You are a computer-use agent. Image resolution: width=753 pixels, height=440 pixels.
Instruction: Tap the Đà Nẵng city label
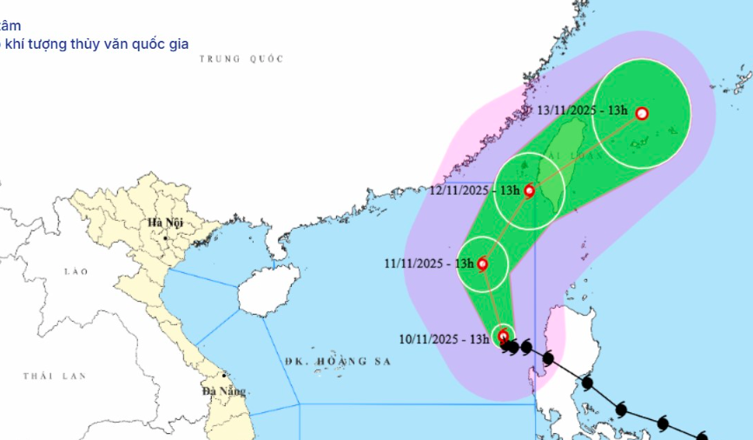(221, 390)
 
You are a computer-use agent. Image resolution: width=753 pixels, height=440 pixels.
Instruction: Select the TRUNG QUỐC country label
(241, 58)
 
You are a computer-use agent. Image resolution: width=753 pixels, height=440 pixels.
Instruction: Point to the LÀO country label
(76, 271)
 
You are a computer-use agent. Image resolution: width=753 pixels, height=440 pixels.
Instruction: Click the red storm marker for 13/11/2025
(642, 113)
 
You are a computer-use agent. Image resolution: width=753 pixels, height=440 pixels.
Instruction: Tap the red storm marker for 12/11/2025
(530, 190)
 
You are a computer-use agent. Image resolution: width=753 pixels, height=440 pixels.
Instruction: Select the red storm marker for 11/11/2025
(482, 263)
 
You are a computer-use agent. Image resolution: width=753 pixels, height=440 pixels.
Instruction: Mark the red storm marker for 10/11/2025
(503, 336)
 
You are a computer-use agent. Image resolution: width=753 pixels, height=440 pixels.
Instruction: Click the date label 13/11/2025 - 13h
(582, 110)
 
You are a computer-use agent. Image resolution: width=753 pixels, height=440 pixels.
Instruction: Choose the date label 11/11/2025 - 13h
(429, 263)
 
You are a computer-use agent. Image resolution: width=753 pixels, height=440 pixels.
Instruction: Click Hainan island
(269, 290)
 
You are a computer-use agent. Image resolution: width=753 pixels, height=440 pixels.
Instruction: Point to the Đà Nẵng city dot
(225, 377)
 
